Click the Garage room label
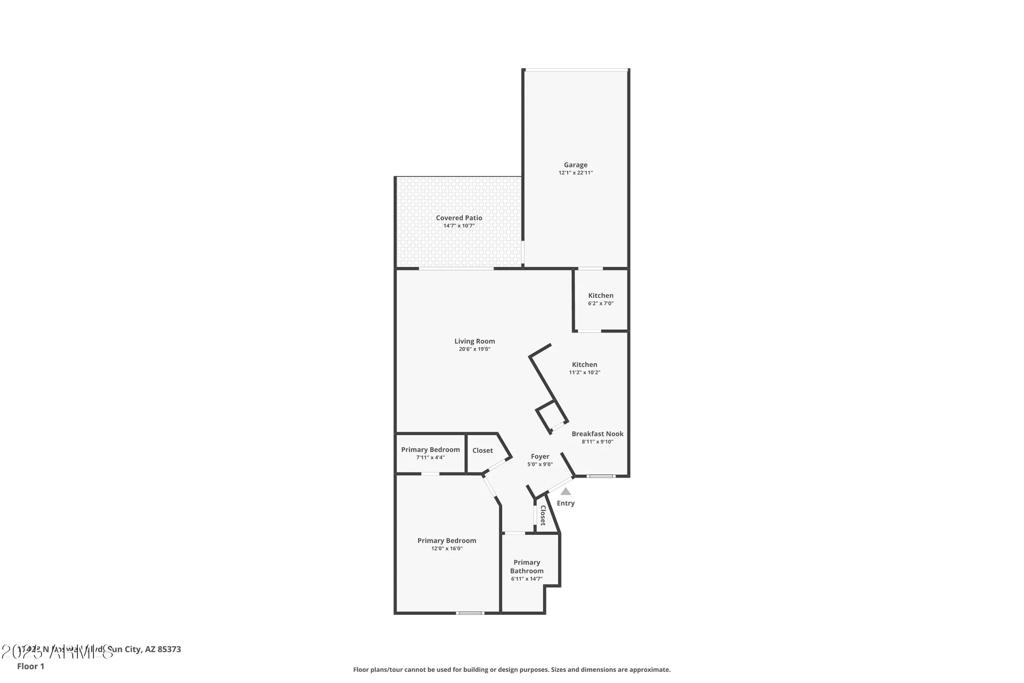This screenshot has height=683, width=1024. [x=575, y=165]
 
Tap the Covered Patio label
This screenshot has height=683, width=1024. [x=459, y=218]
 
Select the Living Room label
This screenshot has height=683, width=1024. [x=475, y=341]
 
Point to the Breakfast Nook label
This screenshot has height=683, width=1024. [x=598, y=434]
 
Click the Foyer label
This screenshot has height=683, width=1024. [x=540, y=457]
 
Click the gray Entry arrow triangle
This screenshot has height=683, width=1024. [x=566, y=491]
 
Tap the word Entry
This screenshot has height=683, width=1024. [x=566, y=503]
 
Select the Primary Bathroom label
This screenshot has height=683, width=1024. [x=527, y=567]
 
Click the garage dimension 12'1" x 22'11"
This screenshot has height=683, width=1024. [x=575, y=173]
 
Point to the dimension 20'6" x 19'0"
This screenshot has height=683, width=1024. [x=475, y=349]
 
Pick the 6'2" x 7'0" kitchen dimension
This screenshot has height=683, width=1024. [x=601, y=303]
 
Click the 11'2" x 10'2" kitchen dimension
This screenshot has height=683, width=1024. [x=585, y=372]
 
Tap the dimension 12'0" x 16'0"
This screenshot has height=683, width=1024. [x=447, y=549]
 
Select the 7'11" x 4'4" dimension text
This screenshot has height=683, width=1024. [x=431, y=458]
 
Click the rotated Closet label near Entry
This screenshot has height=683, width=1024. [x=543, y=515]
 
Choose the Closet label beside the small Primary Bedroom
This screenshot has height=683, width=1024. [x=483, y=450]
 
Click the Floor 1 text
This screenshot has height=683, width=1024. [x=31, y=666]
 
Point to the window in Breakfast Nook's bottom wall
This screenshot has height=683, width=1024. [x=601, y=477]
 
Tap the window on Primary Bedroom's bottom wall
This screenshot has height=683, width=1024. [x=470, y=613]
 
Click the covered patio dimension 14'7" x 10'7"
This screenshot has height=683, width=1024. [x=459, y=226]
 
